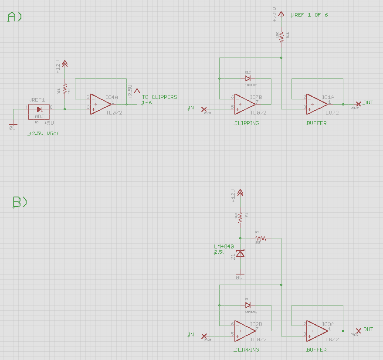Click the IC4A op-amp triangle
coord(100,104)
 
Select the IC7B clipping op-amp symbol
coord(244,104)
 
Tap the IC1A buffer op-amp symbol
coord(317,104)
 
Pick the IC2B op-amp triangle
coord(244,331)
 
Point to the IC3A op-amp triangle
coord(317,331)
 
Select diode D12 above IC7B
coord(247,79)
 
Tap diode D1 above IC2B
coord(247,306)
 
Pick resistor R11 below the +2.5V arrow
coord(282,37)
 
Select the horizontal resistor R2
coord(261,238)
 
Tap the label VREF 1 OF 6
coord(309,15)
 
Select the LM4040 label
coord(223,247)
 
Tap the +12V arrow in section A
coord(65,64)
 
